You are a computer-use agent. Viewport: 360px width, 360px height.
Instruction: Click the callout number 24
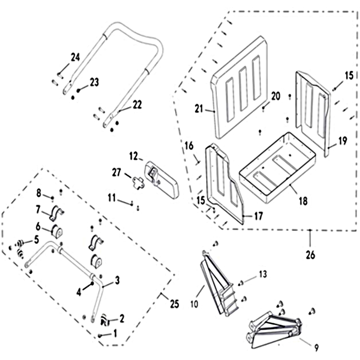click(x=75, y=57)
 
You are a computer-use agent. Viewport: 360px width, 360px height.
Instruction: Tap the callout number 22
click(x=136, y=104)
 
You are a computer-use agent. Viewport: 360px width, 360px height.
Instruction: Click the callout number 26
click(x=310, y=255)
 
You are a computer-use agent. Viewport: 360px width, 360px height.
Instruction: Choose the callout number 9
click(x=317, y=347)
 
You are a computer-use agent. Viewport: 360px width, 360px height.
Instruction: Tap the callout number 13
click(x=263, y=274)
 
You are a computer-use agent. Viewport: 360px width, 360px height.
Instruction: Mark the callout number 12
click(x=134, y=156)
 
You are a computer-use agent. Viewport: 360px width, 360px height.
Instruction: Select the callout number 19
click(x=342, y=141)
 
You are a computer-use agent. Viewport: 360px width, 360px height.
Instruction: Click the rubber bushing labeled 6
click(x=58, y=231)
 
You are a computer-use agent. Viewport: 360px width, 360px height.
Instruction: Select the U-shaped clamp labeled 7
click(x=57, y=212)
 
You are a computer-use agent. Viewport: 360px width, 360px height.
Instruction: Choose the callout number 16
click(x=189, y=145)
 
